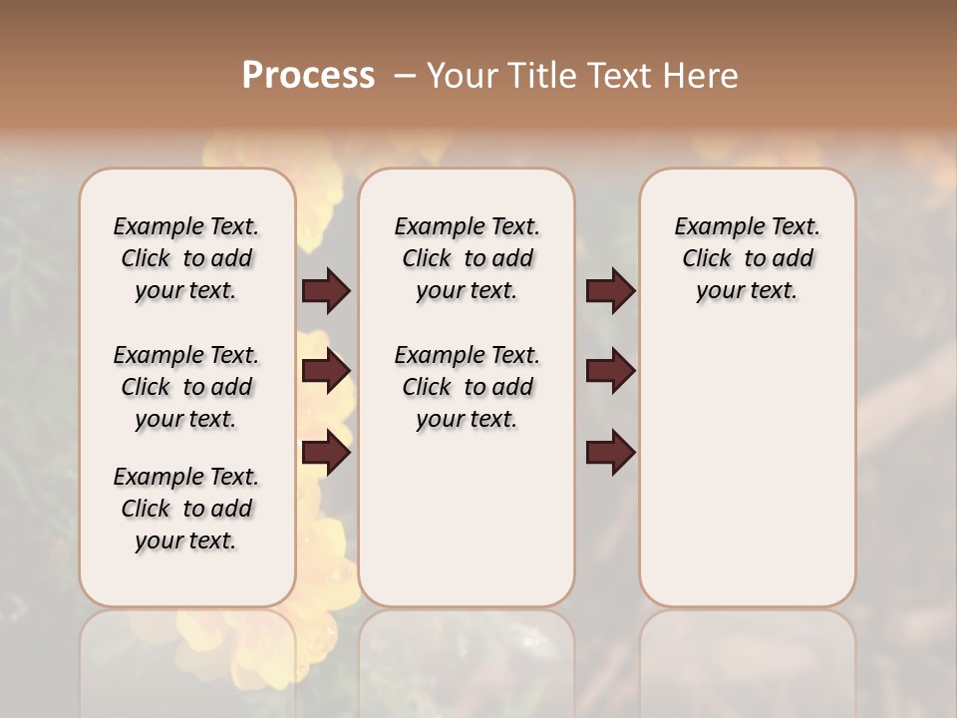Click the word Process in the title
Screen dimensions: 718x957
[x=308, y=76]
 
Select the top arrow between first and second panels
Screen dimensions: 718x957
[x=326, y=290]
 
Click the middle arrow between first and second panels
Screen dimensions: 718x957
[x=326, y=371]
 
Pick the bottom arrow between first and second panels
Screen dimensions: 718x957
[x=326, y=453]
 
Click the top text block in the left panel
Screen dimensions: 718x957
[x=186, y=258]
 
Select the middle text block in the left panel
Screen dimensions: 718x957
[x=186, y=387]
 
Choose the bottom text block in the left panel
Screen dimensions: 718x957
[x=186, y=509]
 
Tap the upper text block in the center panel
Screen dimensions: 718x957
[x=467, y=258]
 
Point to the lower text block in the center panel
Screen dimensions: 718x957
[x=467, y=387]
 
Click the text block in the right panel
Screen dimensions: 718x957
[x=747, y=258]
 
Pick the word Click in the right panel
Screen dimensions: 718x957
[x=707, y=259]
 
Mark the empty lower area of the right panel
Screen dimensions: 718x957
[x=747, y=469]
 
